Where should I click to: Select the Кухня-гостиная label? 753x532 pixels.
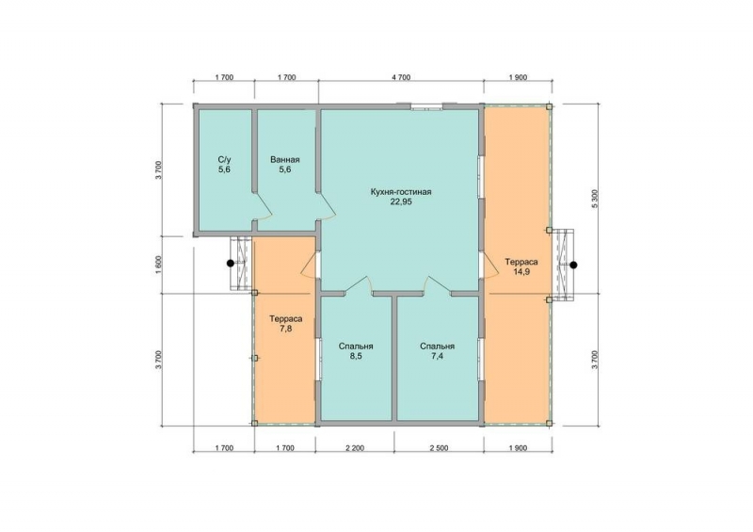pos(401,192)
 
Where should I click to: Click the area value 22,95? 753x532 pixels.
pos(401,202)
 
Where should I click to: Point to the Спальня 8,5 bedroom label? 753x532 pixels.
pos(356,351)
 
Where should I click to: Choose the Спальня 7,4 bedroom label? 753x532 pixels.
pos(437,351)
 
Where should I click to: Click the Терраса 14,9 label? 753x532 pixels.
pos(521,266)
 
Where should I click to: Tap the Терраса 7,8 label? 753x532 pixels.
pos(286,323)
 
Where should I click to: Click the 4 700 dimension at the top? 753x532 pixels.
pos(401,77)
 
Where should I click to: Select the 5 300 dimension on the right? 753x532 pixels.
pos(596,199)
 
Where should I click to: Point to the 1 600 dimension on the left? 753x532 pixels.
pos(159,265)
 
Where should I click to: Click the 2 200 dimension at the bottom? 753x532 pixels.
pos(355,448)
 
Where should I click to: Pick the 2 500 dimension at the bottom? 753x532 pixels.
pos(439,448)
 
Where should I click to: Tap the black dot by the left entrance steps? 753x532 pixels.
pos(231,264)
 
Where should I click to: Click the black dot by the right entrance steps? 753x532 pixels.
pos(573,265)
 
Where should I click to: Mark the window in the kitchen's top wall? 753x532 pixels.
pos(426,106)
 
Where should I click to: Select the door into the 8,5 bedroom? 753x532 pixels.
pos(359,284)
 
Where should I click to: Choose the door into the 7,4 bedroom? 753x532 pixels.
pos(437,284)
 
